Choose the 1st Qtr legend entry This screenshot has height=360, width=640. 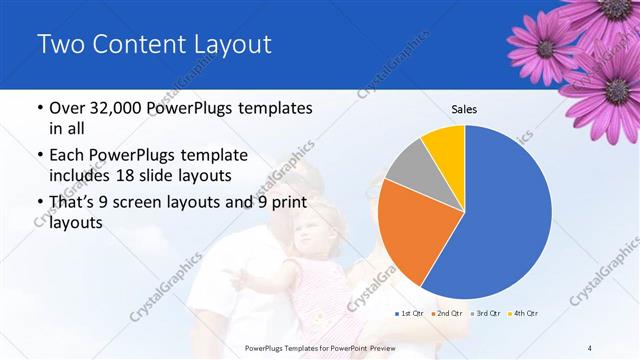pyautogui.click(x=412, y=314)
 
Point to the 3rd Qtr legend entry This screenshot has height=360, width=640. pyautogui.click(x=486, y=314)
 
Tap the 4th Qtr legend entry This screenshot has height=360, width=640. pyautogui.click(x=524, y=314)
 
